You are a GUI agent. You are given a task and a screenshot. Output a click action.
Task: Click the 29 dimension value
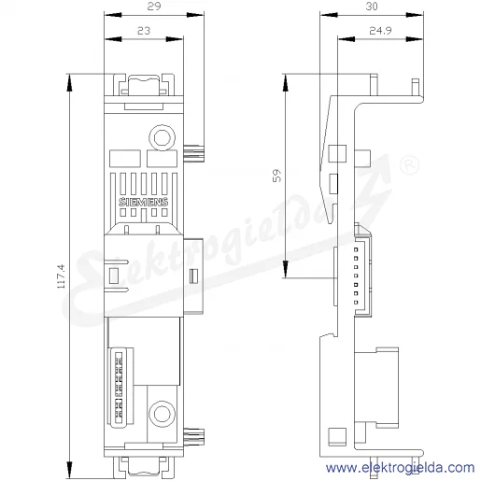[x=154, y=7]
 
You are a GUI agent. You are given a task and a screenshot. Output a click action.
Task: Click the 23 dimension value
[x=144, y=31]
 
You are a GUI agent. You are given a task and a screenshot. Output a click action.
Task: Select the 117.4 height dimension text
[x=61, y=276]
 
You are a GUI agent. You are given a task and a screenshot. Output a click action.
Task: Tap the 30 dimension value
[x=372, y=7]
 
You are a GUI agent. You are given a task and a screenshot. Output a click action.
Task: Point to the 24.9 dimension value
[x=380, y=31]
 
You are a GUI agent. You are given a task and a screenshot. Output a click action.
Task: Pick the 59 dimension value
[x=276, y=176]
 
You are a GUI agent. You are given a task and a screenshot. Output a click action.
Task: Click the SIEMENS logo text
[x=144, y=202]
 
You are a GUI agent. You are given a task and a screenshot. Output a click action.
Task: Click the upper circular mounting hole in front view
[x=162, y=137]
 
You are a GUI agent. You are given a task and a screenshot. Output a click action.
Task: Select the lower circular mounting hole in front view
[x=162, y=414]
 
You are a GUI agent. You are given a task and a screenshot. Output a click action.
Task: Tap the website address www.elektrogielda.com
[x=401, y=468]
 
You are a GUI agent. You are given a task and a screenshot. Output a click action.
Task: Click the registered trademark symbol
[x=409, y=165]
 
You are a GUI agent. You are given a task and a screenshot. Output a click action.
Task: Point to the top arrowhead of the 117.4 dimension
[x=69, y=83]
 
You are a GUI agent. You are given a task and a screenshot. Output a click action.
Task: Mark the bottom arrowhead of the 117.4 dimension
[x=69, y=470]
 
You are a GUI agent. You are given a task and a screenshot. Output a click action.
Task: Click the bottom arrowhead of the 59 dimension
[x=286, y=269]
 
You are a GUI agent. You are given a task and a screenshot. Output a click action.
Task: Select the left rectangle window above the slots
[x=125, y=159]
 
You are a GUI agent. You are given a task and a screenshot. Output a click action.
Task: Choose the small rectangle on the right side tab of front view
[x=193, y=276]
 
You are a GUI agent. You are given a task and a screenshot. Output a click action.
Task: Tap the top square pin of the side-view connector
[x=356, y=249]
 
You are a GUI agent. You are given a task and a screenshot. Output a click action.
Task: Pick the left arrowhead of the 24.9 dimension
[x=347, y=39]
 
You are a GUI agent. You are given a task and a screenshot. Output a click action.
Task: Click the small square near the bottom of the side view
[x=337, y=435]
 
